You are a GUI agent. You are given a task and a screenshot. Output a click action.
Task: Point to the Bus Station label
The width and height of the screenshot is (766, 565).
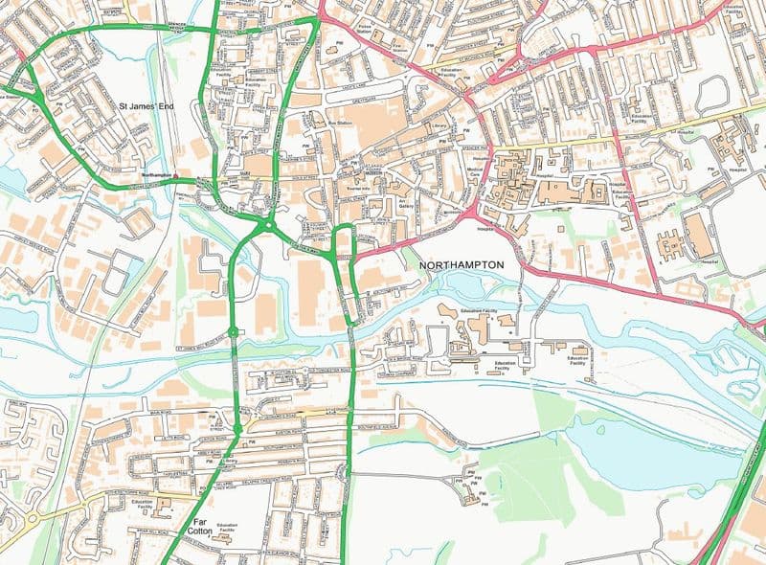341,124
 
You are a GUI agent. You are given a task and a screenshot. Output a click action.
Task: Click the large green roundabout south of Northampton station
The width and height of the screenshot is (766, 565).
268,225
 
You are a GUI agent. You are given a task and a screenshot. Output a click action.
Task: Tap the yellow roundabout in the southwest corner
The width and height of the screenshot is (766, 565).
31,516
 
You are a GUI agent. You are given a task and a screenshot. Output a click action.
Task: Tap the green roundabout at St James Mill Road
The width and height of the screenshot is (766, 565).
233,332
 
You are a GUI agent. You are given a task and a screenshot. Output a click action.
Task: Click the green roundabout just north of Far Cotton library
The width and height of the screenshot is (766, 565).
236,426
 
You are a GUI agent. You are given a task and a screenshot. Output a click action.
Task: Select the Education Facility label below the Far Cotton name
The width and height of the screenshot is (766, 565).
227,530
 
